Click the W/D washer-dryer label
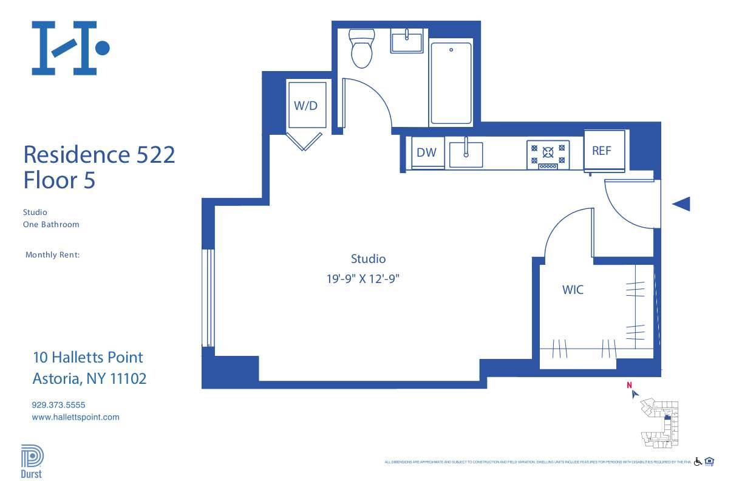[305, 106]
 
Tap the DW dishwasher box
[426, 152]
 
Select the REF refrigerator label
[601, 151]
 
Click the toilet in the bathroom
[361, 49]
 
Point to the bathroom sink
[407, 41]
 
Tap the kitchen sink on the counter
[466, 153]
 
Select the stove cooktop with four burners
[548, 154]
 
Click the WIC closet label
[573, 290]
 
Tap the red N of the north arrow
[630, 385]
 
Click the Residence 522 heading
[99, 154]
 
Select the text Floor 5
[59, 180]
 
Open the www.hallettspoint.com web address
[75, 417]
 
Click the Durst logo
[32, 462]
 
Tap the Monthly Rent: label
[52, 255]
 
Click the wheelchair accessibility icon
[698, 462]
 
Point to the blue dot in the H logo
[103, 47]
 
